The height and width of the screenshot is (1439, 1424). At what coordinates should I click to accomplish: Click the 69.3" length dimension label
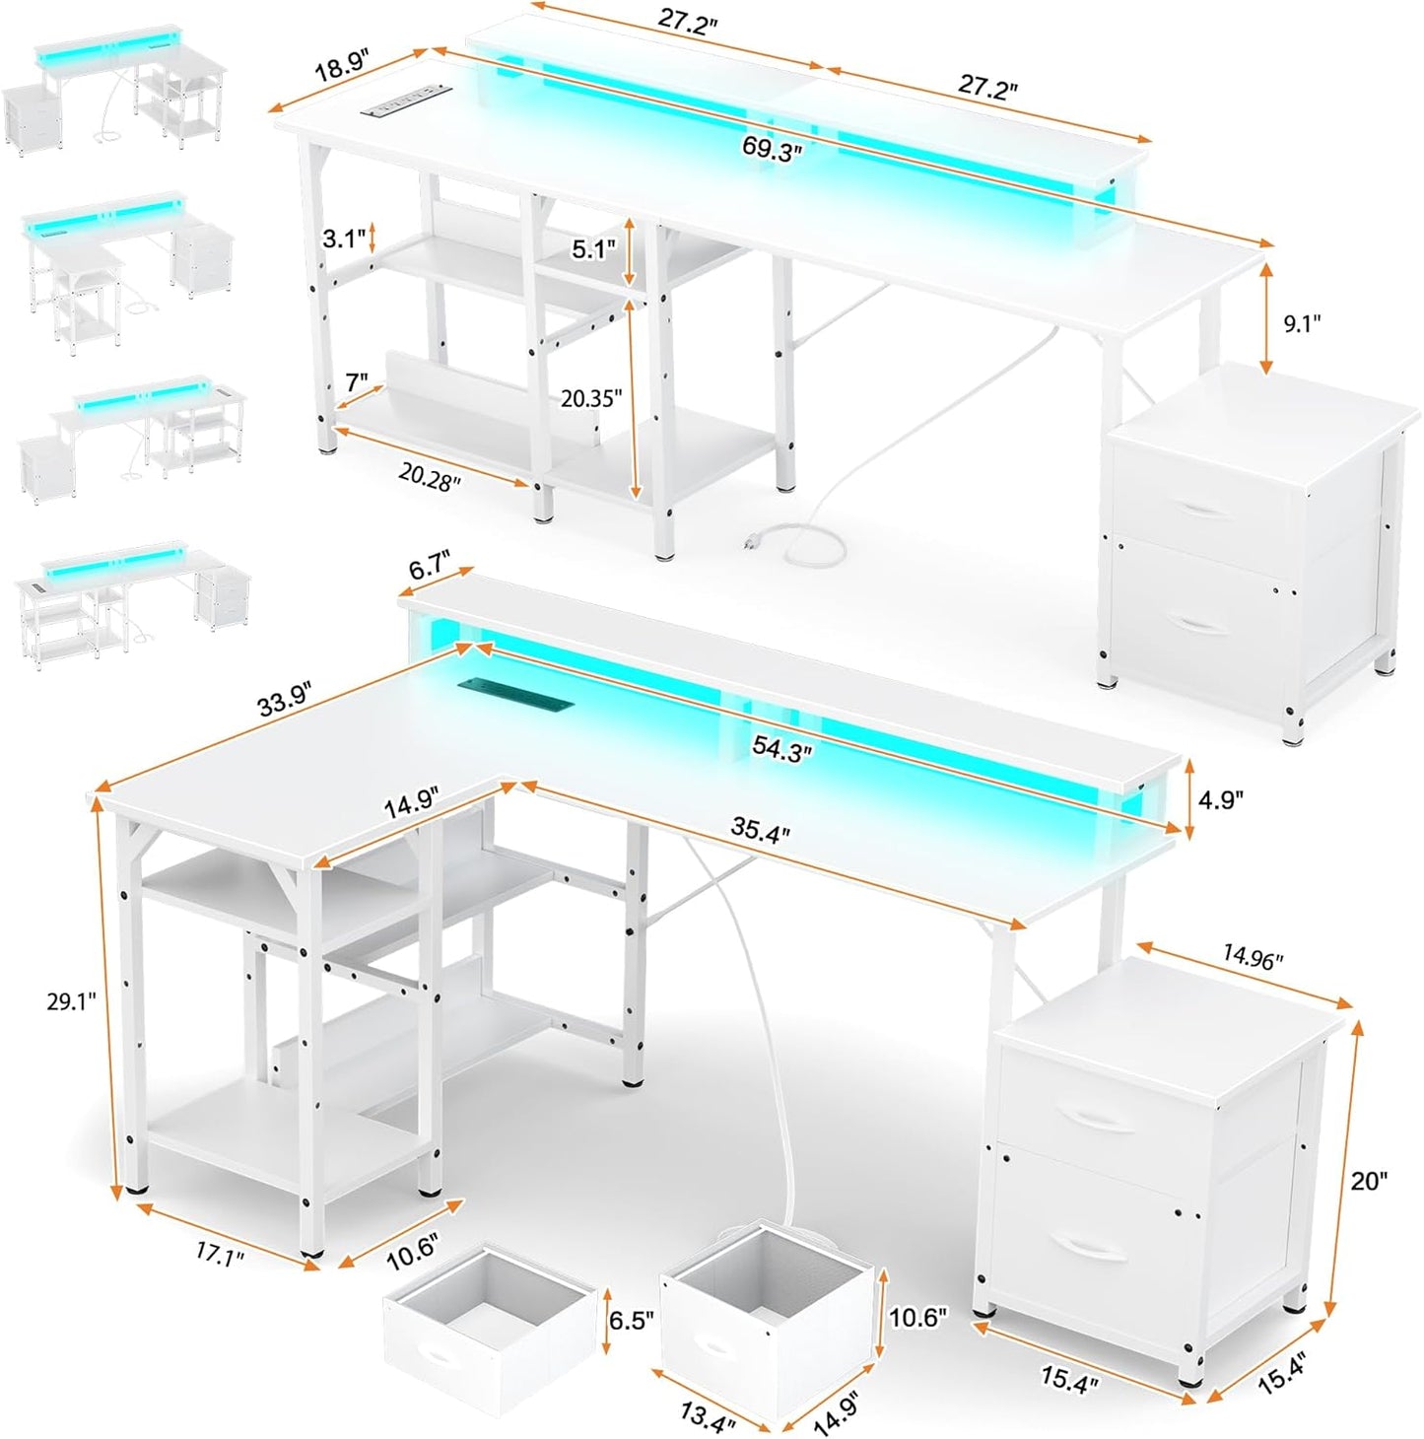click(x=772, y=151)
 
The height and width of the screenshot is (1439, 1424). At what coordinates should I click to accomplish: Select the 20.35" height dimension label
click(x=591, y=398)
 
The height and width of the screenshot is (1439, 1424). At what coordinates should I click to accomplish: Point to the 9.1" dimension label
click(x=1301, y=323)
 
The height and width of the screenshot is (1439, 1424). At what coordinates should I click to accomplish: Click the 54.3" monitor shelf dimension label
click(x=782, y=748)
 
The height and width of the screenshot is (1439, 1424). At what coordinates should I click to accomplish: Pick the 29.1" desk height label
click(x=71, y=1001)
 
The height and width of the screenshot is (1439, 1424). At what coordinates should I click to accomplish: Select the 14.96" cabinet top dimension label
click(x=1254, y=956)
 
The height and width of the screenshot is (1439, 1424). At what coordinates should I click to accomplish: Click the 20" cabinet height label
click(x=1369, y=1180)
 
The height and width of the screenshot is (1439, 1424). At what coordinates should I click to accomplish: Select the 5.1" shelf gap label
click(x=593, y=249)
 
